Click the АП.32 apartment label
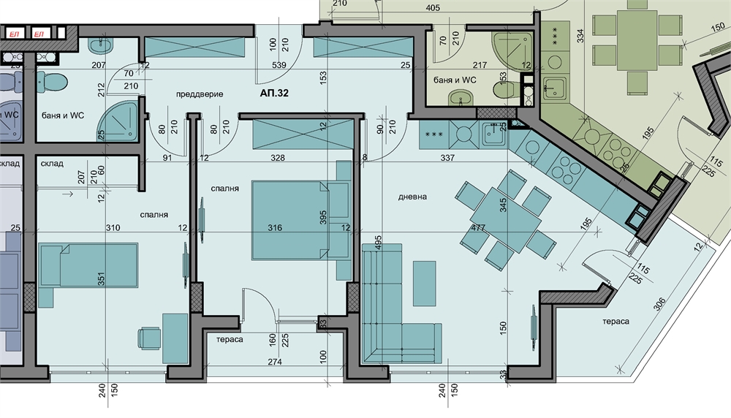[x=274, y=94]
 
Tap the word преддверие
[x=200, y=94]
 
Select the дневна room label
[x=412, y=197]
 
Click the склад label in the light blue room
[x=52, y=164]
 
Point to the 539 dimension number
[x=279, y=65]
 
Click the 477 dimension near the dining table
[x=478, y=228]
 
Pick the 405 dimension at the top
[x=433, y=7]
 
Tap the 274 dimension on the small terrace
[x=275, y=362]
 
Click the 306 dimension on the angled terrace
[x=659, y=305]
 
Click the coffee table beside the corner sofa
[x=424, y=284]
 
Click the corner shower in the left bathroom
[x=119, y=121]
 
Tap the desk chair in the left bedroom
[x=150, y=338]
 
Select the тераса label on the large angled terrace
[x=616, y=321]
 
